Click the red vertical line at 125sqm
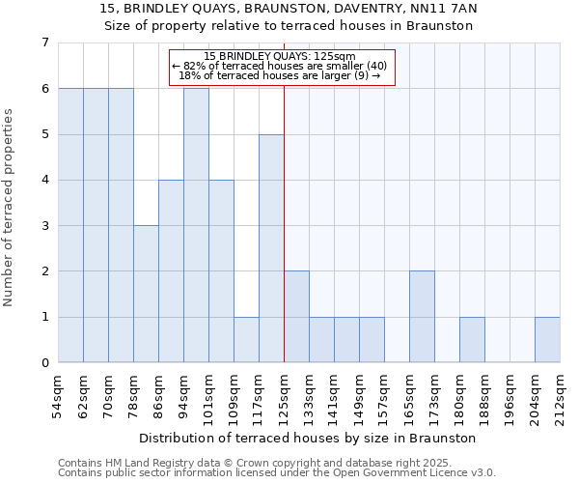pyautogui.click(x=284, y=222)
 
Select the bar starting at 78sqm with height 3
pyautogui.click(x=146, y=294)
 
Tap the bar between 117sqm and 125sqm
pyautogui.click(x=271, y=248)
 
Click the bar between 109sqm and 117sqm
pyautogui.click(x=246, y=339)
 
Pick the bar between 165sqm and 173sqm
pyautogui.click(x=422, y=317)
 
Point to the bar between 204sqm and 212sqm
pyautogui.click(x=547, y=339)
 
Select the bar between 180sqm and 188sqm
pyautogui.click(x=472, y=339)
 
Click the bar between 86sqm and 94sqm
pyautogui.click(x=171, y=270)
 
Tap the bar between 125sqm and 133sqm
pyautogui.click(x=296, y=317)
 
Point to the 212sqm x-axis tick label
pyautogui.click(x=560, y=399)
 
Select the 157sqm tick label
pyautogui.click(x=384, y=399)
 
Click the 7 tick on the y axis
pyautogui.click(x=44, y=43)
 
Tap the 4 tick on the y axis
pyautogui.click(x=44, y=180)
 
